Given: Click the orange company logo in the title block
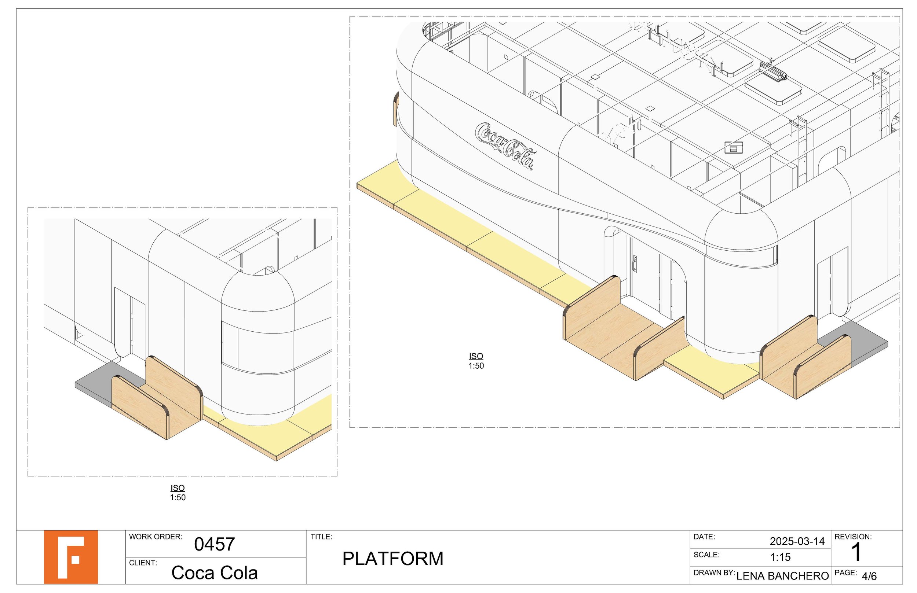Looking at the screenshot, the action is (x=70, y=557).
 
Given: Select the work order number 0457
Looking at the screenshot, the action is (x=214, y=544).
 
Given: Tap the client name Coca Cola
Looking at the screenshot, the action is (x=214, y=572).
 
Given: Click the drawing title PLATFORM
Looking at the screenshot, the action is (x=392, y=559).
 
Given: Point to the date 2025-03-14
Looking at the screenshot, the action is (x=797, y=541).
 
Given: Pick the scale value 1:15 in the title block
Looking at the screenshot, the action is (x=780, y=557).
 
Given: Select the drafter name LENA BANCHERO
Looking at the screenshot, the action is (x=782, y=576).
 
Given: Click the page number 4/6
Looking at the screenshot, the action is (x=869, y=577).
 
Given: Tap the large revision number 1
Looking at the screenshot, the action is (x=856, y=552).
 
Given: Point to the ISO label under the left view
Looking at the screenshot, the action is (x=178, y=488).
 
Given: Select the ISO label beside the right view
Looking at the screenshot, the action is (x=476, y=356).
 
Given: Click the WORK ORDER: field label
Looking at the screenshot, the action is (x=155, y=537).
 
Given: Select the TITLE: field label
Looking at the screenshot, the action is (x=321, y=537).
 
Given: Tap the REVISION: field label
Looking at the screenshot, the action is (x=853, y=537).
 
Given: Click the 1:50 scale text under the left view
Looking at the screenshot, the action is (x=178, y=497).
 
